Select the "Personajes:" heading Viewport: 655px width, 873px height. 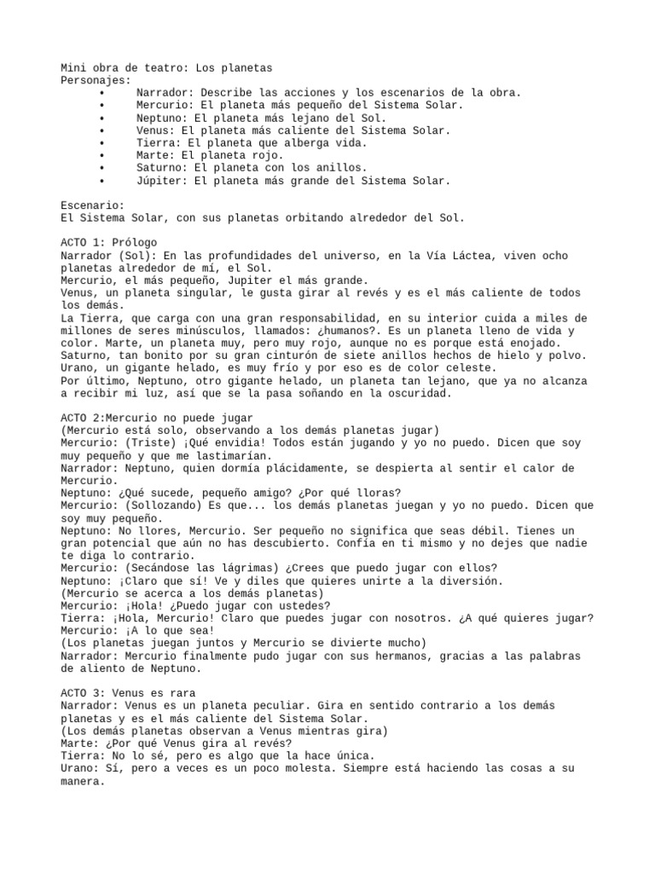pyautogui.click(x=96, y=80)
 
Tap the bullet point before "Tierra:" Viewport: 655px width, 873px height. pyautogui.click(x=102, y=143)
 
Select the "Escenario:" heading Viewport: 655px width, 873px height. pyautogui.click(x=93, y=205)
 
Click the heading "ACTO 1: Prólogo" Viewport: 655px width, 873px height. pyautogui.click(x=109, y=243)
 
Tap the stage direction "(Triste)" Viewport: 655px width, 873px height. pyautogui.click(x=154, y=443)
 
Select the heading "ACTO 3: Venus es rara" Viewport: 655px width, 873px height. pyautogui.click(x=129, y=693)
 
